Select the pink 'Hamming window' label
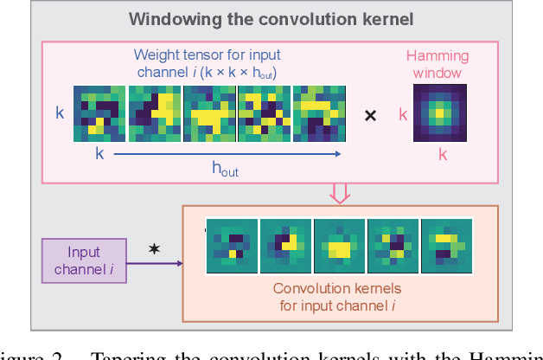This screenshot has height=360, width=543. (438, 65)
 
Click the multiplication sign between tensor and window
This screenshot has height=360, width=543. (370, 114)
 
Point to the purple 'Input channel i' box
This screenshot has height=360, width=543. (84, 261)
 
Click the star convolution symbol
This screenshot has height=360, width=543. (154, 249)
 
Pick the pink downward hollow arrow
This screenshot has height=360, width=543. (341, 192)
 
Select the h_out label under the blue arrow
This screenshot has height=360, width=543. (226, 170)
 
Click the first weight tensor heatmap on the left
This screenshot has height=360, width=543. (99, 114)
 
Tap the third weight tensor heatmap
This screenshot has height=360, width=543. (209, 114)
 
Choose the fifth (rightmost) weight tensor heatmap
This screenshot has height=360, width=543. (319, 114)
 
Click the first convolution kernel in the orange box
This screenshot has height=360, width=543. (232, 245)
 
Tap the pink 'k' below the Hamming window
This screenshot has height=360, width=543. (442, 156)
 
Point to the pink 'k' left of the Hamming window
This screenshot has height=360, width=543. (402, 113)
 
